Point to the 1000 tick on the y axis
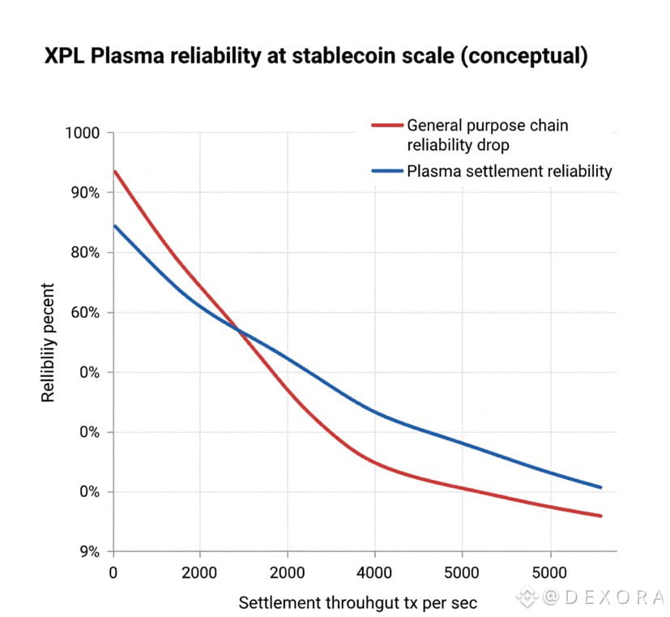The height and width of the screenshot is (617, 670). pyautogui.click(x=83, y=133)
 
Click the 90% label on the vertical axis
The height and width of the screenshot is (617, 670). pyautogui.click(x=84, y=193)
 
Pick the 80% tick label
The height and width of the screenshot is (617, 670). pyautogui.click(x=84, y=253)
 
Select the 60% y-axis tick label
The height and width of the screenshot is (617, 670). pyautogui.click(x=84, y=313)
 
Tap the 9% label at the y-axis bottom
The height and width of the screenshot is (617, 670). pyautogui.click(x=87, y=552)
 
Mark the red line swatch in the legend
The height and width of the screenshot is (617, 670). pyautogui.click(x=386, y=126)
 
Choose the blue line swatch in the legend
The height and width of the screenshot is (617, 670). pyautogui.click(x=386, y=171)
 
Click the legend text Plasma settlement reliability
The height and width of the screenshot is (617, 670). pyautogui.click(x=509, y=171)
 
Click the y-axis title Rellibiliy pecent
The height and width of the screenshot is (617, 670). pyautogui.click(x=49, y=342)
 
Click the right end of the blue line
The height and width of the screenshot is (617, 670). pyautogui.click(x=601, y=487)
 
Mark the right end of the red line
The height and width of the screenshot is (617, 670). pyautogui.click(x=601, y=516)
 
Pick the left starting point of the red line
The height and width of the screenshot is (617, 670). pyautogui.click(x=114, y=171)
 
